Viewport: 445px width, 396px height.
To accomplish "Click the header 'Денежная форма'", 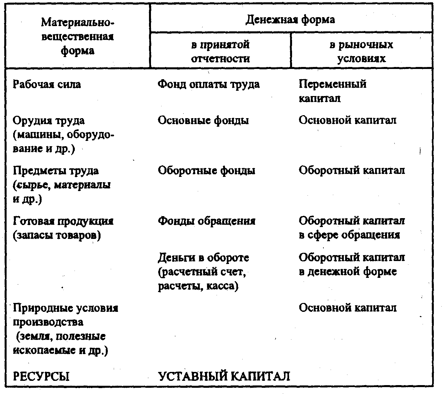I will tap(290, 20).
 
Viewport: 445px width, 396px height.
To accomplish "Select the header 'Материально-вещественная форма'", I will tap(77, 37).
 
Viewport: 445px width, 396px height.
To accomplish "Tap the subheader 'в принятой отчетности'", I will tap(220, 51).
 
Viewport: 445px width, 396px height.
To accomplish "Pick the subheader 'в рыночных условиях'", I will tap(361, 51).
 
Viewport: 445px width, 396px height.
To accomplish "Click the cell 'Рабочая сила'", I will tap(46, 84).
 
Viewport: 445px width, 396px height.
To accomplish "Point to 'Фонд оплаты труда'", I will tap(208, 84).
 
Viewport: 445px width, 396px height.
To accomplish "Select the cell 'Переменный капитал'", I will tap(332, 91).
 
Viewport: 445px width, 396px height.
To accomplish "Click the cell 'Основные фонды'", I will tap(203, 120).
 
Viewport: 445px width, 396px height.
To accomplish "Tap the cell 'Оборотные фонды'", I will tap(206, 171).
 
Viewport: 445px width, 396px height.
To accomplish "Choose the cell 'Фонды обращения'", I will tap(206, 221).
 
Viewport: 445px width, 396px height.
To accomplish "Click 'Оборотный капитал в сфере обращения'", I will tap(351, 228).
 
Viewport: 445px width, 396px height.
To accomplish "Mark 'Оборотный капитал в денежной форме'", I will tap(351, 264).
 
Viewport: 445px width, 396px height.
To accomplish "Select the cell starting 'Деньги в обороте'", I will tap(203, 271).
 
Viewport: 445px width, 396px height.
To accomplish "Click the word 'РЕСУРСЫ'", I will tap(41, 377).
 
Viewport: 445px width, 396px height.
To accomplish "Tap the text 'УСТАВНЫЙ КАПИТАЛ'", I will tap(224, 377).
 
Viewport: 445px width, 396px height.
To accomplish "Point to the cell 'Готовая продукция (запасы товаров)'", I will tap(63, 228).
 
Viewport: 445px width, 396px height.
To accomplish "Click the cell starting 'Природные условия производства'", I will tap(65, 329).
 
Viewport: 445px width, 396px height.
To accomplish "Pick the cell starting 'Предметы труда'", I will tap(62, 185).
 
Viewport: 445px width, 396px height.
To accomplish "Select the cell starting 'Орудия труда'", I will tap(63, 135).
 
